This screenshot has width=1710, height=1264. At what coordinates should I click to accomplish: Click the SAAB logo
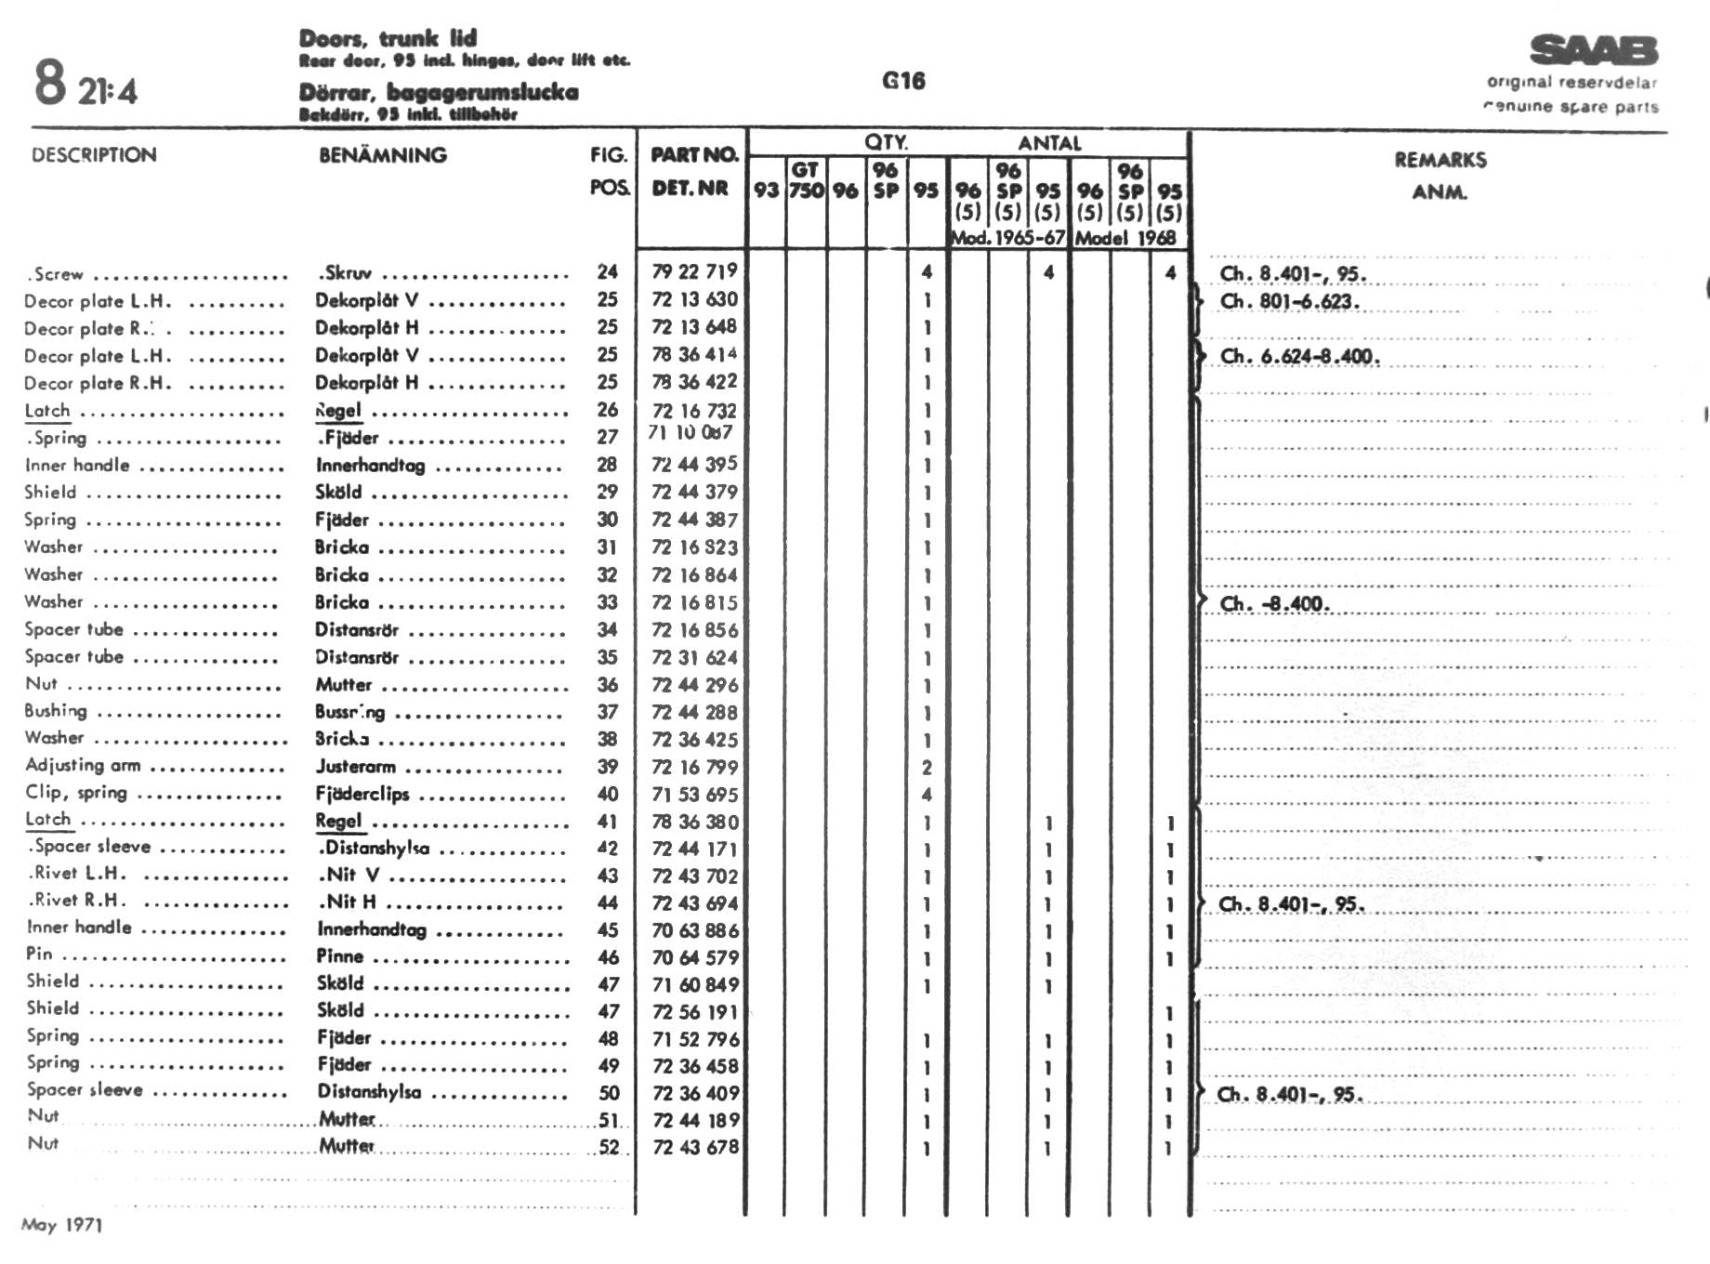pyautogui.click(x=1594, y=50)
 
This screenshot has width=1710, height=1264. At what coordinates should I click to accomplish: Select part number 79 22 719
pyautogui.click(x=694, y=271)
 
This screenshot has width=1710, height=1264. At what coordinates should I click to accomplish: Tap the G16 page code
pyautogui.click(x=903, y=81)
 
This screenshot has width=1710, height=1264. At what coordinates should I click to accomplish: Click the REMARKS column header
pyautogui.click(x=1440, y=160)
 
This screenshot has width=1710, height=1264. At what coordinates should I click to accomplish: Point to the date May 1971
pyautogui.click(x=61, y=1225)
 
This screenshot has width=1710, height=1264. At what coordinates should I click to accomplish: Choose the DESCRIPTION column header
pyautogui.click(x=94, y=155)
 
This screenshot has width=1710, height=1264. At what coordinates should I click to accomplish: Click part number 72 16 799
pyautogui.click(x=694, y=767)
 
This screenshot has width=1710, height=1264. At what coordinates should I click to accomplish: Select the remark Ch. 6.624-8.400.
pyautogui.click(x=1299, y=357)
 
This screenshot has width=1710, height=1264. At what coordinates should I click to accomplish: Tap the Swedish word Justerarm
pyautogui.click(x=356, y=767)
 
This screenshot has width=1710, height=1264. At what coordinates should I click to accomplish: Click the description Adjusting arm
pyautogui.click(x=83, y=765)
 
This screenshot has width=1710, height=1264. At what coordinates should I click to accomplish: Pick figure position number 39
pyautogui.click(x=608, y=767)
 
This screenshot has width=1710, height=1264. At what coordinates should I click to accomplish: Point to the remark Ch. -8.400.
pyautogui.click(x=1274, y=604)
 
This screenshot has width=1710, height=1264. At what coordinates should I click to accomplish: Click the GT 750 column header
pyautogui.click(x=806, y=180)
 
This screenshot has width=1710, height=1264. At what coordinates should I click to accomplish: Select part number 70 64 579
pyautogui.click(x=694, y=957)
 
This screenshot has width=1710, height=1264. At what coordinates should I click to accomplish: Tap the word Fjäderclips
pyautogui.click(x=362, y=794)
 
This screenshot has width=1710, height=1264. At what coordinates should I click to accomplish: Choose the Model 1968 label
pyautogui.click(x=1125, y=238)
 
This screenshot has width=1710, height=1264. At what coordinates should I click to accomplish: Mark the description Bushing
pyautogui.click(x=56, y=711)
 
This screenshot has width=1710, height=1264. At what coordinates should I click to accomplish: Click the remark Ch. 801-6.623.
pyautogui.click(x=1290, y=302)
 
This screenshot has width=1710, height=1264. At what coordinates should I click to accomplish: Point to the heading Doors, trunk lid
pyautogui.click(x=388, y=38)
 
